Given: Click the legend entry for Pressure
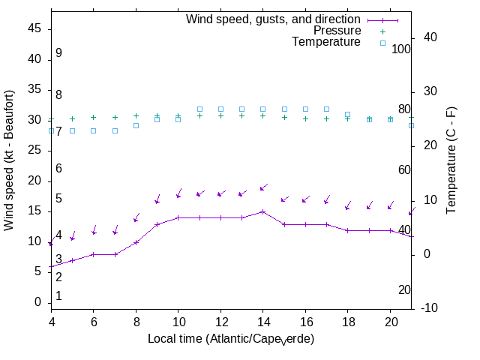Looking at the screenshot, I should click(337, 31).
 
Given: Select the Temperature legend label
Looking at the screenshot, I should click(326, 42).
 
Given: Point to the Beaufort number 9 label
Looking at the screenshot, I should click(58, 53).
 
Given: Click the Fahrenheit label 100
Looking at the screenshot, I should click(401, 49).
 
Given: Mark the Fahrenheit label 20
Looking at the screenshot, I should click(404, 290).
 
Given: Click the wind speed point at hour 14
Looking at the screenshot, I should click(262, 211).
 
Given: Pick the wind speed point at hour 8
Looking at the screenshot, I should click(136, 242).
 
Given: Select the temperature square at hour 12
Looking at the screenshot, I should click(220, 109).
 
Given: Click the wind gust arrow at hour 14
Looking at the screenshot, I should click(264, 187).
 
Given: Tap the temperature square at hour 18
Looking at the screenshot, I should click(347, 115).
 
